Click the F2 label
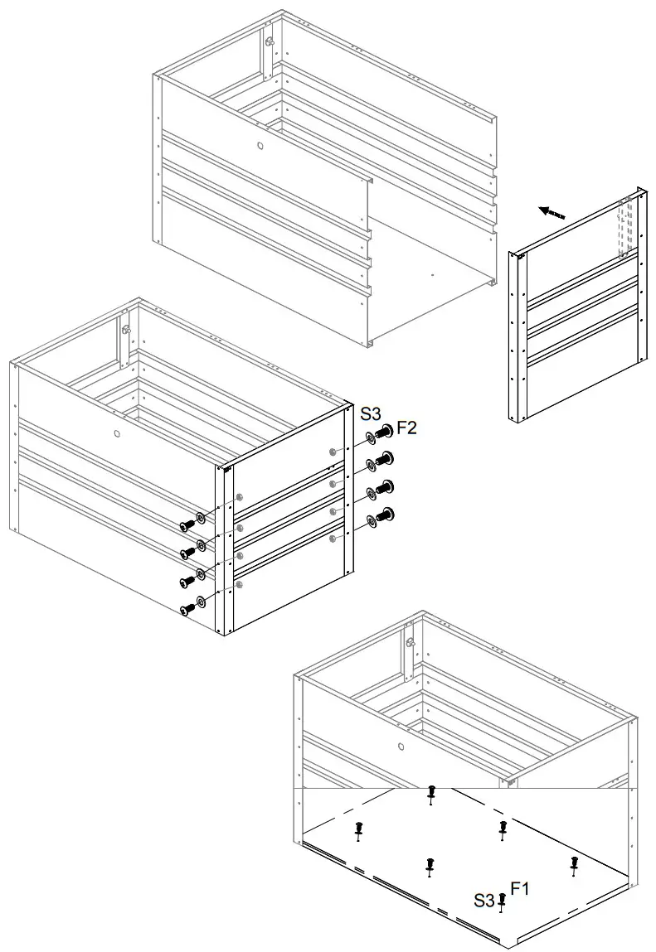[406, 428]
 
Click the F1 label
[520, 889]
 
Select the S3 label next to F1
[484, 900]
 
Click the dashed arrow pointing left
[552, 212]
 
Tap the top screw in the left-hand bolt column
[187, 524]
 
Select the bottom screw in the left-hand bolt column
[187, 609]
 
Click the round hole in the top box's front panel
[260, 146]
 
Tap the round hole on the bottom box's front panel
[401, 746]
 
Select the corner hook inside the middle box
[128, 328]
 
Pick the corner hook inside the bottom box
[410, 640]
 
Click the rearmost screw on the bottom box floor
[430, 793]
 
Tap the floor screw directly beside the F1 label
[501, 901]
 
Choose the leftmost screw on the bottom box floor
[358, 829]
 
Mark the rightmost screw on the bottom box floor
[574, 864]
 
